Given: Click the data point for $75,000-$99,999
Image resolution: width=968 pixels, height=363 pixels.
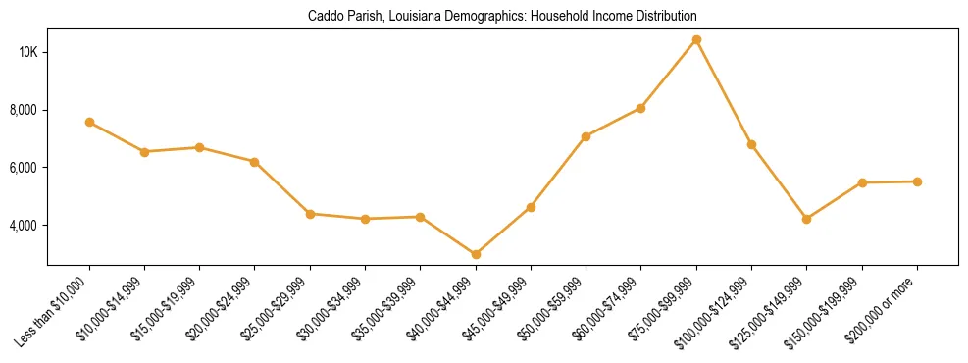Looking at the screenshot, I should (x=696, y=40).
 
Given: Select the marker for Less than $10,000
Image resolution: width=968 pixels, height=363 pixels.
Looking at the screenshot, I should (x=89, y=123).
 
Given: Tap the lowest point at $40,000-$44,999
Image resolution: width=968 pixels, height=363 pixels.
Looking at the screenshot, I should (x=476, y=254).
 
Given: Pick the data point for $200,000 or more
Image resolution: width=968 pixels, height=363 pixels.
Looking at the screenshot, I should (x=917, y=181).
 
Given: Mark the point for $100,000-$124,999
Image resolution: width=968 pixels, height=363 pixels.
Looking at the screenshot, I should (x=751, y=144).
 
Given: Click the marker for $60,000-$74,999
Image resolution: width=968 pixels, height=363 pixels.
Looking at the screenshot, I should (x=640, y=108).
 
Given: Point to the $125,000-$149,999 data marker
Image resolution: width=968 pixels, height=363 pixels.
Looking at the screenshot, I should (x=806, y=219).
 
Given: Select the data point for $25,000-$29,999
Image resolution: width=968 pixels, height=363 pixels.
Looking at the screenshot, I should (x=310, y=214).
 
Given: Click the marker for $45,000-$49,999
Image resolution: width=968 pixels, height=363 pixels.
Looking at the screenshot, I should (x=531, y=207).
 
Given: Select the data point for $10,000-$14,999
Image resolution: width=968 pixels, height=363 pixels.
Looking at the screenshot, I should (x=144, y=152).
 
